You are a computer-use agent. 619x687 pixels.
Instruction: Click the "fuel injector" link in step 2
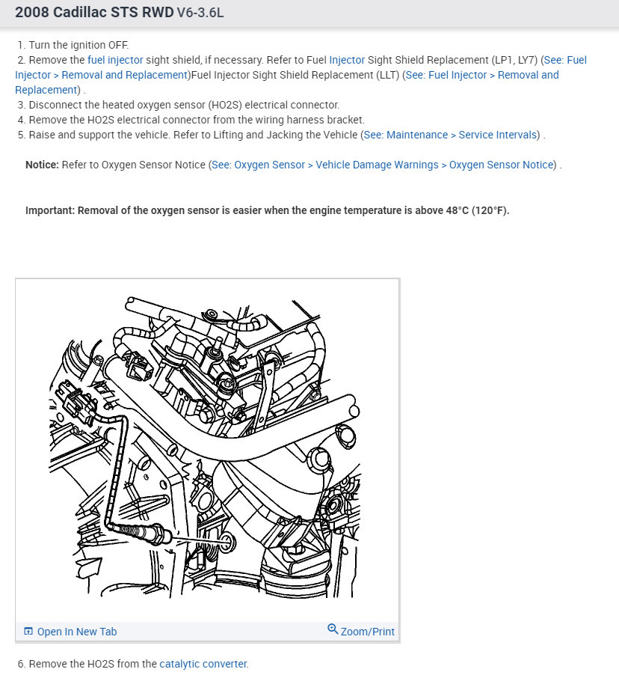[x=115, y=60]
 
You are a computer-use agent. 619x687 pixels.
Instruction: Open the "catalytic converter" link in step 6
[x=203, y=665]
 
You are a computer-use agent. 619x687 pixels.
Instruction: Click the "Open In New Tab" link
[x=76, y=632]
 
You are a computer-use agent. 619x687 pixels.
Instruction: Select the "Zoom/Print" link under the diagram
[x=367, y=632]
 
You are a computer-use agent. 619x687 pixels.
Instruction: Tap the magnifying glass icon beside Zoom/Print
[x=333, y=629]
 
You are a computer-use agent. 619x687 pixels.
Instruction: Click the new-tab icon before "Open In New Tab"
[x=28, y=632]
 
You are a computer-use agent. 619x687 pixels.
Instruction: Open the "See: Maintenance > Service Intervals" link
[x=450, y=135]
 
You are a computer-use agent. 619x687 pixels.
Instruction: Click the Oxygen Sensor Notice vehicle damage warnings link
[x=384, y=165]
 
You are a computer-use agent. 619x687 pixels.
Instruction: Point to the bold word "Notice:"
[x=42, y=165]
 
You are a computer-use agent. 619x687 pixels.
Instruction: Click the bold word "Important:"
[x=50, y=210]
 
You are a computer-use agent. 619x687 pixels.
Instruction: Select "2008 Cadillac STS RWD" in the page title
[x=94, y=12]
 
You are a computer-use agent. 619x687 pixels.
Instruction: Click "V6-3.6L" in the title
[x=200, y=13]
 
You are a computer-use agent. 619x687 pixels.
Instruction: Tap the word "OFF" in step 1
[x=118, y=45]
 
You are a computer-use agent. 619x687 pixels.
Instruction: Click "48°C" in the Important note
[x=457, y=210]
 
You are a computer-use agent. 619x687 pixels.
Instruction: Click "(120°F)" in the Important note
[x=490, y=210]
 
